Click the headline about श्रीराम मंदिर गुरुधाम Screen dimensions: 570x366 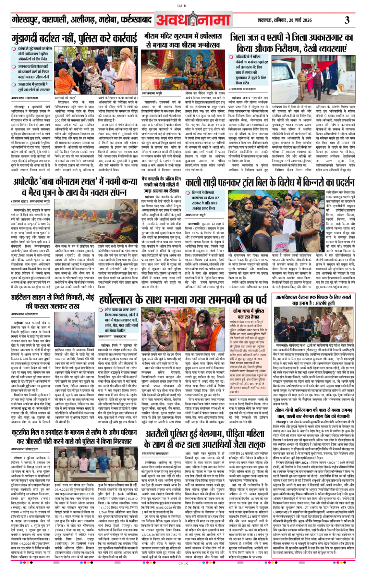183,40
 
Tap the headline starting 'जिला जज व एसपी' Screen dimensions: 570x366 291,43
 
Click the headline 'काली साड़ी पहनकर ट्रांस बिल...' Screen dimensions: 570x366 270,182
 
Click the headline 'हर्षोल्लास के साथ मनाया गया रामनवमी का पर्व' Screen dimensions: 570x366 183,300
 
